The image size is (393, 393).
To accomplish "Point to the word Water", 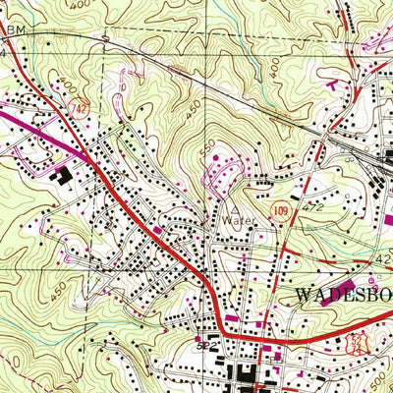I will [x=237, y=221].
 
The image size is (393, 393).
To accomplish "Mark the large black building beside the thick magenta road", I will [x=63, y=176].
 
